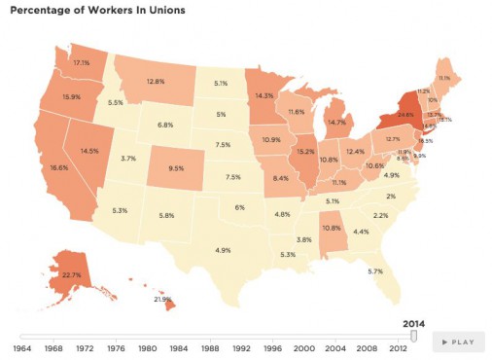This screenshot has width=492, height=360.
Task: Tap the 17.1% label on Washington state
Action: (x=81, y=62)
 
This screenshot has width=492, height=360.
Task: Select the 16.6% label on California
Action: (x=57, y=168)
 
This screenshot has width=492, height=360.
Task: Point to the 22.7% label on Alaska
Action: (x=70, y=274)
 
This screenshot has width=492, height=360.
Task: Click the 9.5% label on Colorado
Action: (x=176, y=168)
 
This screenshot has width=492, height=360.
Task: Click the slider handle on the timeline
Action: (x=413, y=336)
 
